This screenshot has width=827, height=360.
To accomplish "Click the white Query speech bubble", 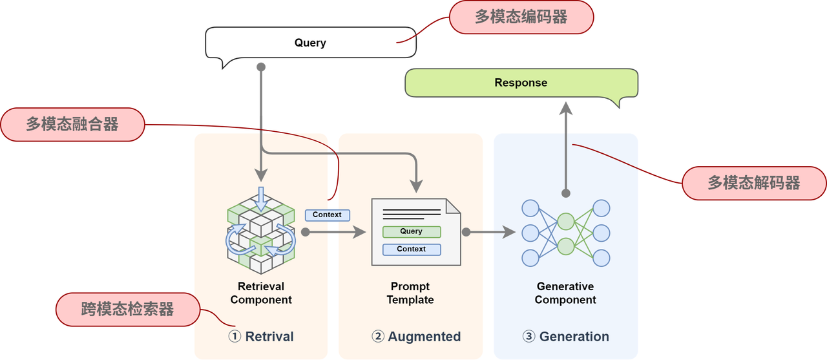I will tap(310, 43).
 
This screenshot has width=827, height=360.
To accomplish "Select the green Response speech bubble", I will tap(521, 83).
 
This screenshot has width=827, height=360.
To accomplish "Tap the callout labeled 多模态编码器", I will tap(521, 17).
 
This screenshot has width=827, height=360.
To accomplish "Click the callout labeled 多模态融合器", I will tap(72, 124).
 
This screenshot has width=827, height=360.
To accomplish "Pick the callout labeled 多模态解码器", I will tap(753, 183).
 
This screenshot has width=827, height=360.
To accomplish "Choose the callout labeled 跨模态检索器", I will tap(128, 309).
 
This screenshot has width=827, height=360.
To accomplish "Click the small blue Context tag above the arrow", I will tap(327, 215).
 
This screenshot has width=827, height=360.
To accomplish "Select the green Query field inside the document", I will tap(412, 231).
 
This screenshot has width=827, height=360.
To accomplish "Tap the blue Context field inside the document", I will tap(412, 249).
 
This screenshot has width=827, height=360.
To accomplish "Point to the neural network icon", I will tap(565, 233).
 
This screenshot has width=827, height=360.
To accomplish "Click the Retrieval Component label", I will tap(261, 293).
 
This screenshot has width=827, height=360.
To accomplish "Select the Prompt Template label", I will tap(410, 293).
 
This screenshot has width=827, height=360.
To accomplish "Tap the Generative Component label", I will tap(565, 293).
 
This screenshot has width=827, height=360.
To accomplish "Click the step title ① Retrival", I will tap(261, 337).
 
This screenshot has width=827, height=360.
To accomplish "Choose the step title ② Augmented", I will tap(416, 337).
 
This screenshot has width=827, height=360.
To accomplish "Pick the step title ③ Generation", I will tap(565, 337).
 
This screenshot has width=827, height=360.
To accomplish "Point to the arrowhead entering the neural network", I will tap(508, 231).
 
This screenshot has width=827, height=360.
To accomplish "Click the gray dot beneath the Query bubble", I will tap(261, 67).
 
